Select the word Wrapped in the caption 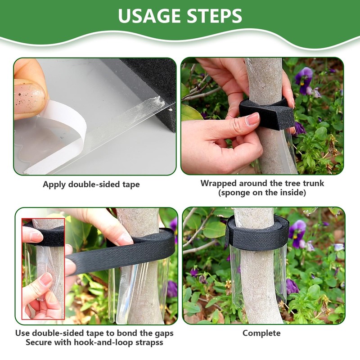[x=218, y=183]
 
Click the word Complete [x=261, y=333]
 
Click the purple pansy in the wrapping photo [x=304, y=78]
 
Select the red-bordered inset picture [x=43, y=268]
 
